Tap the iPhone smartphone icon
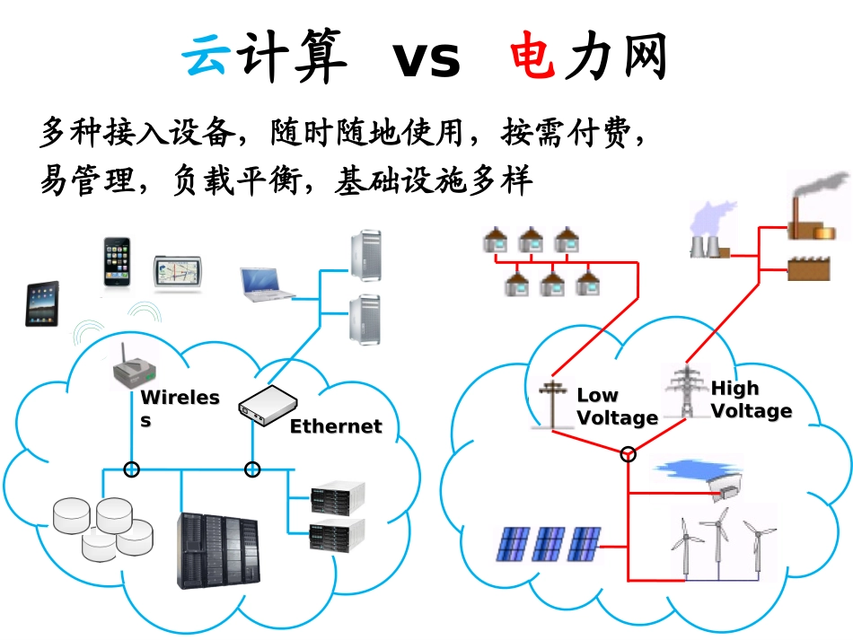[116, 262]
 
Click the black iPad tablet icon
[41, 303]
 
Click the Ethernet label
[335, 426]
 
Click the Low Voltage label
[616, 407]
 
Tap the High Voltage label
[751, 399]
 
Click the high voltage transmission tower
[684, 391]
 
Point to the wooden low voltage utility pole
[551, 403]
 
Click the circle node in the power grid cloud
[629, 454]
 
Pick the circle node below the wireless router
[132, 469]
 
